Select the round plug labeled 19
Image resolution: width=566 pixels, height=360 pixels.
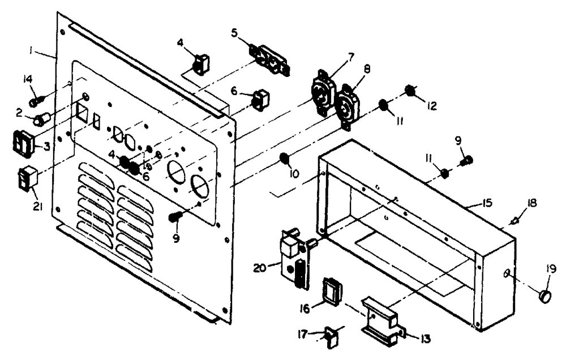point(546,295)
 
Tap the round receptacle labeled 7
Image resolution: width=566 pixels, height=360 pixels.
point(323,91)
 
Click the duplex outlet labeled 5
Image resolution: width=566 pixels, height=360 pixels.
point(270,59)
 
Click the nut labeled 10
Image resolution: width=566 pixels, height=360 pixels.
point(285,158)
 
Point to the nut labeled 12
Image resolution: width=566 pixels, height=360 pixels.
point(411,91)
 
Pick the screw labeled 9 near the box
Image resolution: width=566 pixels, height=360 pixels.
point(466,161)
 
